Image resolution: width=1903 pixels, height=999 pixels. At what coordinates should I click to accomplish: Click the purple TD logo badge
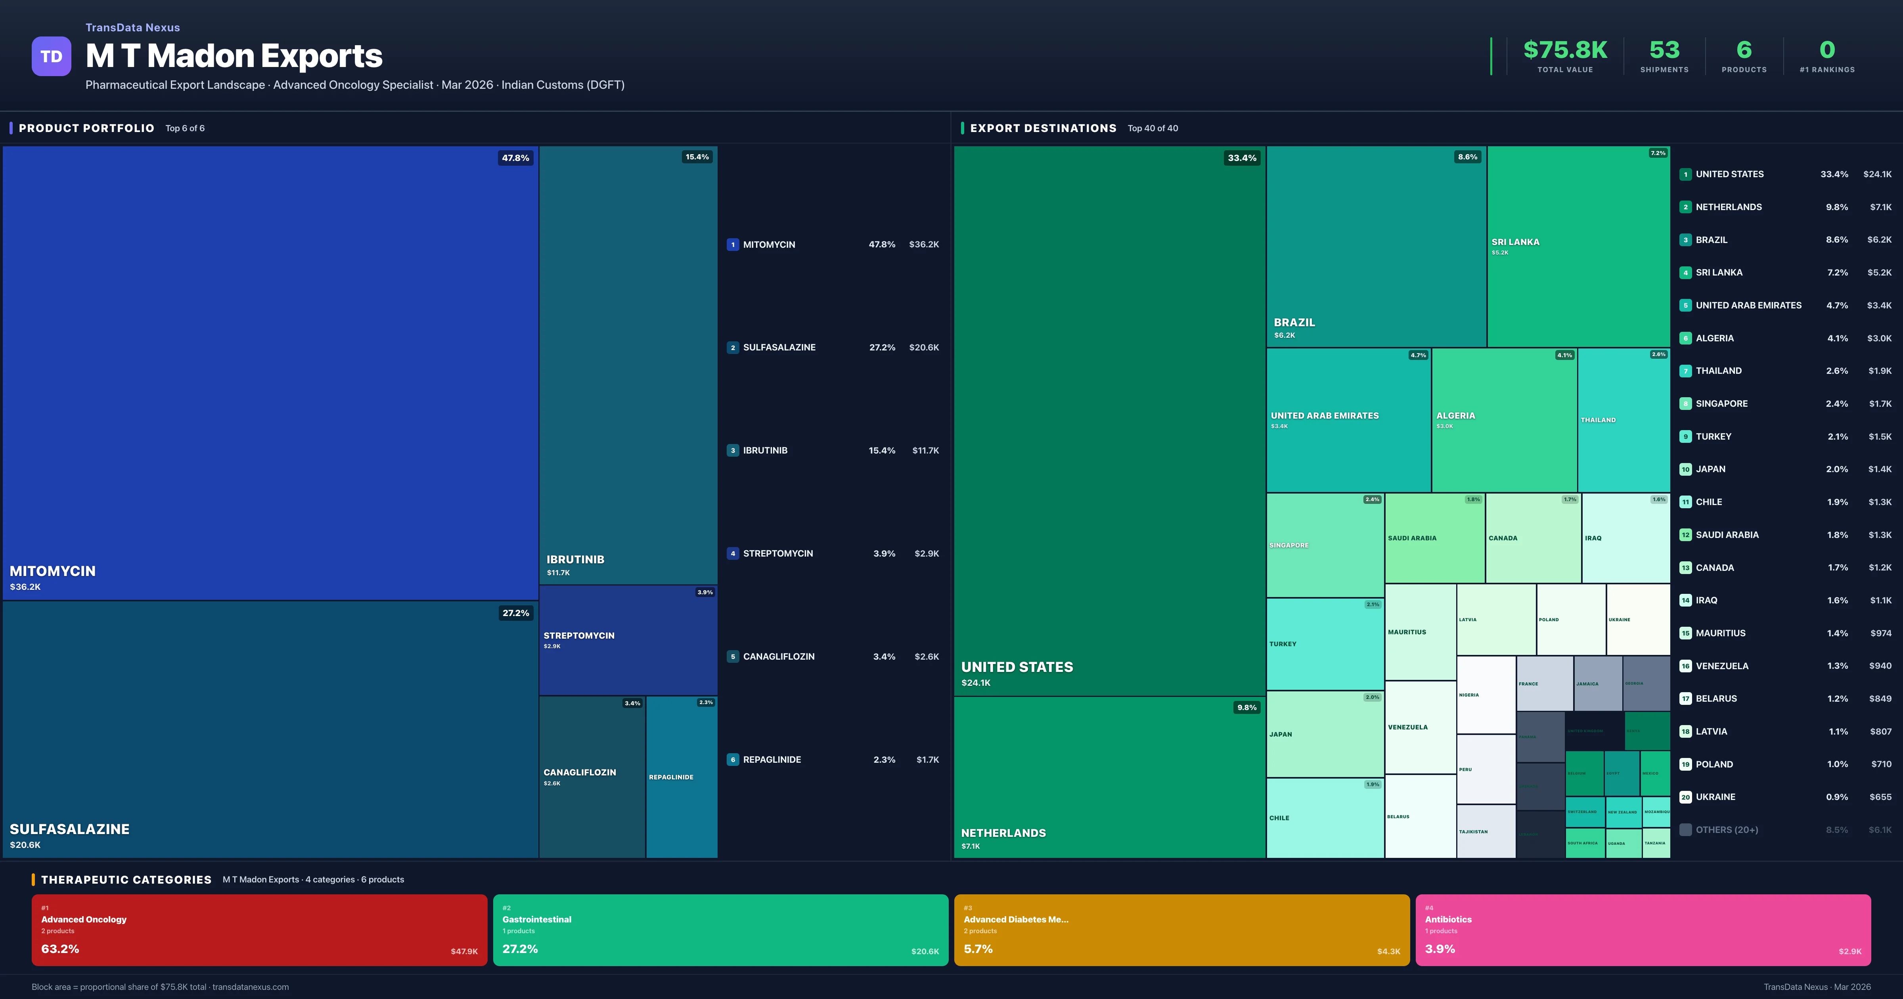[x=51, y=56]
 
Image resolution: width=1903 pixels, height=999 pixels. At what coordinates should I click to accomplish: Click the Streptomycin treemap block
[x=628, y=640]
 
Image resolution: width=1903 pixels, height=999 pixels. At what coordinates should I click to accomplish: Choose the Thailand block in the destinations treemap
[x=1623, y=420]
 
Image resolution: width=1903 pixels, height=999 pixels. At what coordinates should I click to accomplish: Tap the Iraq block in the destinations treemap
[x=1625, y=538]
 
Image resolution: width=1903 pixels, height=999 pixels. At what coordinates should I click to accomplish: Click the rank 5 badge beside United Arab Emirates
[x=1685, y=305]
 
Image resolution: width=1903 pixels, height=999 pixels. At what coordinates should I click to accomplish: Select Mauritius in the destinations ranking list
[x=1721, y=633]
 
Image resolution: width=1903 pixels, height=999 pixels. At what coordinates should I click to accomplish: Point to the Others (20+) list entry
[x=1727, y=830]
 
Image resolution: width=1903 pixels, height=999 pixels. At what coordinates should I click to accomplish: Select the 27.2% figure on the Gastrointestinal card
[x=520, y=949]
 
